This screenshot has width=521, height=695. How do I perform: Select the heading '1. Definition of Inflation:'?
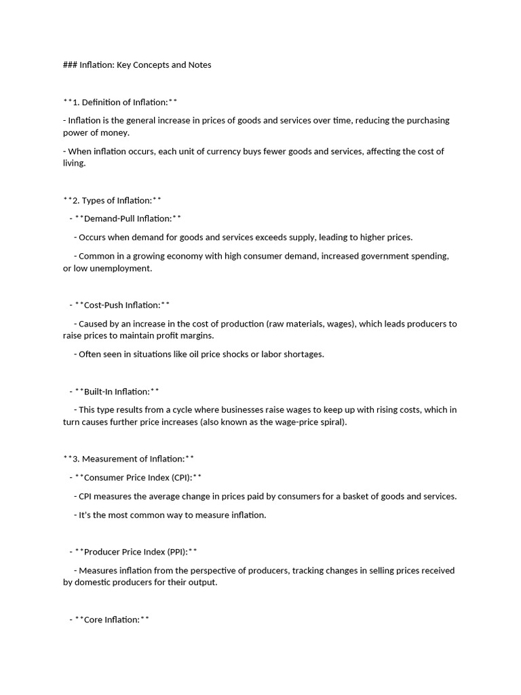pos(120,102)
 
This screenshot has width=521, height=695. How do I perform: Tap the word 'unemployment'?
pos(124,269)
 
